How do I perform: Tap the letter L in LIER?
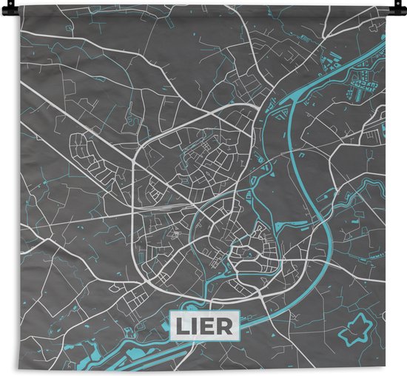point(183,324)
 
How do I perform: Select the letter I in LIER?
point(195,324)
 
